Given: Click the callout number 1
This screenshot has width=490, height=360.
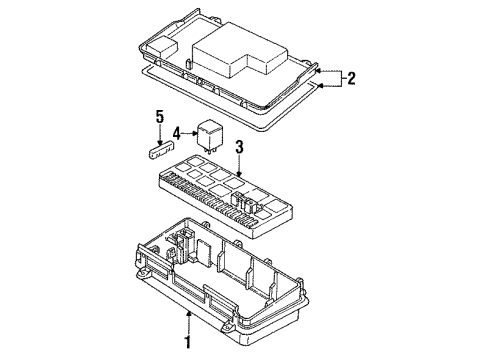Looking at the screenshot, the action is coord(188,342).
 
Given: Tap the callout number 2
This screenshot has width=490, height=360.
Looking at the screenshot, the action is coord(351,79).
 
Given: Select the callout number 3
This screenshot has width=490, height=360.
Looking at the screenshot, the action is coord(239,147).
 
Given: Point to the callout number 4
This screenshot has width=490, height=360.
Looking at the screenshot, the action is coord(177,134).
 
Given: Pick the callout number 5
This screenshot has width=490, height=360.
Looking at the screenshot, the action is coord(160,117).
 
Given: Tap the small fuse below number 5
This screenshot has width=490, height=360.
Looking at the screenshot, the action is coord(161,150).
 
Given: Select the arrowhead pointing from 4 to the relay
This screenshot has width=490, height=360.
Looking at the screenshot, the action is coord(195,134).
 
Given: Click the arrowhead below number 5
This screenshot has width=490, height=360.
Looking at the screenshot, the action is coord(160,142).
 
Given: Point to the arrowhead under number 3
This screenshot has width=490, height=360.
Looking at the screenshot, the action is coord(239,174).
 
